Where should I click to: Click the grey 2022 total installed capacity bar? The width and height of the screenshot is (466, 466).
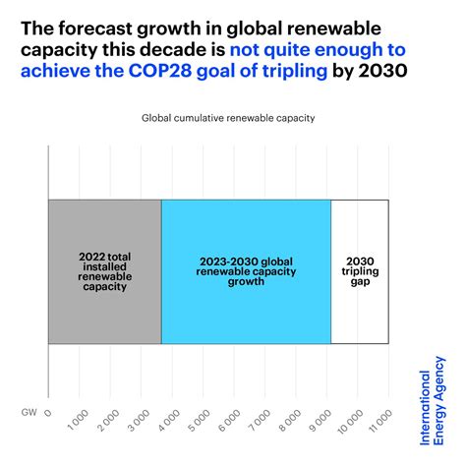coord(104,271)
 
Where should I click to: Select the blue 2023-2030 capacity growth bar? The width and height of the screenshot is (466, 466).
coord(246,271)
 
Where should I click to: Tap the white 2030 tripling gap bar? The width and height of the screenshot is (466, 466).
coord(360,271)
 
